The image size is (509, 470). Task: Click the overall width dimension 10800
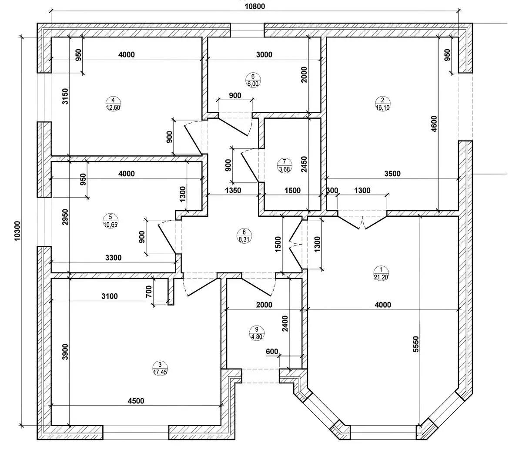click(254, 6)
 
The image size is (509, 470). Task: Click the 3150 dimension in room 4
click(65, 97)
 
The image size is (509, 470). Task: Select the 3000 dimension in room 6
click(264, 54)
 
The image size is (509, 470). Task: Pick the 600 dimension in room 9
click(272, 352)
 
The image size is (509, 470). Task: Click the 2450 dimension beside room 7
click(304, 164)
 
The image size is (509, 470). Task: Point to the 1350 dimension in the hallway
click(233, 190)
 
